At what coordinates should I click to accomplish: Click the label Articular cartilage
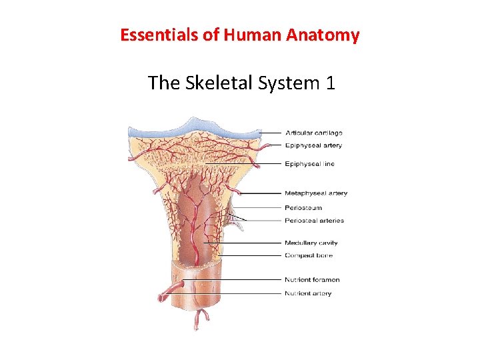click(313, 133)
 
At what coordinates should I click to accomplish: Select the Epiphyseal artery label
click(313, 145)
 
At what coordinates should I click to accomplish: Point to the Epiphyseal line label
click(309, 164)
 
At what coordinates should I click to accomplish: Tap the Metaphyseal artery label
click(315, 193)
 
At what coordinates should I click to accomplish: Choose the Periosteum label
click(303, 208)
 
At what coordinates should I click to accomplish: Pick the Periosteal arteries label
click(314, 221)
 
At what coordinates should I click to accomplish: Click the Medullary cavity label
click(311, 243)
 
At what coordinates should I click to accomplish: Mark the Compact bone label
click(308, 255)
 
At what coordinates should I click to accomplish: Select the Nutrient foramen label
click(312, 280)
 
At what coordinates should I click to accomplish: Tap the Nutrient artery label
click(307, 293)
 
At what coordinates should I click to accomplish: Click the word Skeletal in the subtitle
click(213, 83)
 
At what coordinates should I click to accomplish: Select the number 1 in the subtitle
click(329, 83)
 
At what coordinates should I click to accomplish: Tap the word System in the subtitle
click(287, 83)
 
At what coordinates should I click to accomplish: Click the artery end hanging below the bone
click(197, 325)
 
